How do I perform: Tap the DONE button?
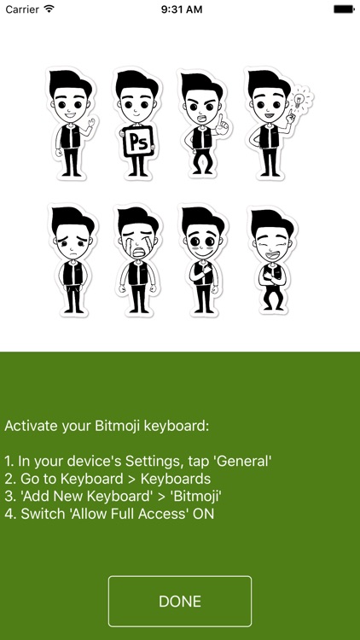click(180, 602)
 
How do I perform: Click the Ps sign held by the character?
click(138, 142)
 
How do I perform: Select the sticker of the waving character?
click(70, 124)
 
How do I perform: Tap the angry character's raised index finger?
click(218, 119)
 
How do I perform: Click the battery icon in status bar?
click(344, 9)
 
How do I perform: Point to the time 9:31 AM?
click(180, 9)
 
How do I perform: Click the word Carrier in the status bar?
click(21, 9)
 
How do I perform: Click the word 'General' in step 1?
click(243, 461)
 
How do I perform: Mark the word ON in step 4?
click(203, 514)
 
